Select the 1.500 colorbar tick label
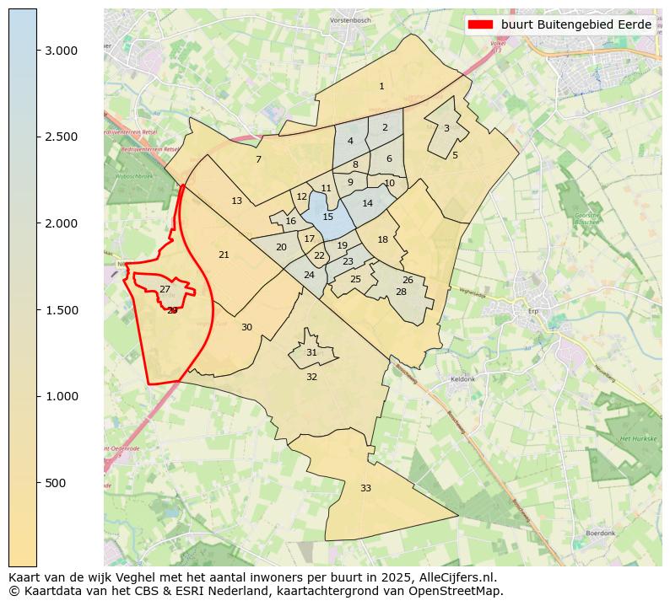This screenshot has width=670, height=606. point(61,310)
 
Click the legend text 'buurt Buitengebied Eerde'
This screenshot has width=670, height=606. point(575,24)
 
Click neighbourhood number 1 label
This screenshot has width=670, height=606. point(381,86)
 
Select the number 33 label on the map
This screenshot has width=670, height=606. point(365,488)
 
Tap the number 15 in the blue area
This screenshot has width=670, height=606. point(328,217)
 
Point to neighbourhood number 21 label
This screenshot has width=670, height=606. point(224,255)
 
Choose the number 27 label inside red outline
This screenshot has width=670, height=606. point(165,289)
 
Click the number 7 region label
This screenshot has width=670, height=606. point(258,159)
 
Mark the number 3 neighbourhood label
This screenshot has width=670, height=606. point(446,128)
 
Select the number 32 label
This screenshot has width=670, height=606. point(311,377)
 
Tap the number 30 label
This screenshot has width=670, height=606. point(246,327)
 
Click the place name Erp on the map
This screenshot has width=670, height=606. point(532,309)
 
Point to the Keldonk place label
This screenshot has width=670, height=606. point(463,379)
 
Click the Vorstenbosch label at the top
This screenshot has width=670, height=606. point(350,19)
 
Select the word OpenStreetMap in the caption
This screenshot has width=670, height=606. point(462,591)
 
